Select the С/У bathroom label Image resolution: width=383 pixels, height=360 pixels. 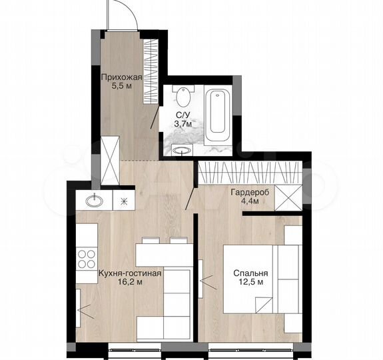tap(181, 115)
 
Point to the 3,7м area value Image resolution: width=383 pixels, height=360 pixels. tap(182, 123)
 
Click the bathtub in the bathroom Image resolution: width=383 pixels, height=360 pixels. tap(218, 115)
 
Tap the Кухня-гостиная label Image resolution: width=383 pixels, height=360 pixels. tap(130, 274)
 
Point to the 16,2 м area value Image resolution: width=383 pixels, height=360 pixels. tap(130, 283)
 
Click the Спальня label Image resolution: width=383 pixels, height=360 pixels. tap(250, 274)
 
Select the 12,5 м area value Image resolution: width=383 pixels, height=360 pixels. tap(250, 283)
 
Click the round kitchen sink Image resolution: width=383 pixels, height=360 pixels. tap(93, 200)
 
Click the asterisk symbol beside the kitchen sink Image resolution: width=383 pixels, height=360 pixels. tap(123, 200)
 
